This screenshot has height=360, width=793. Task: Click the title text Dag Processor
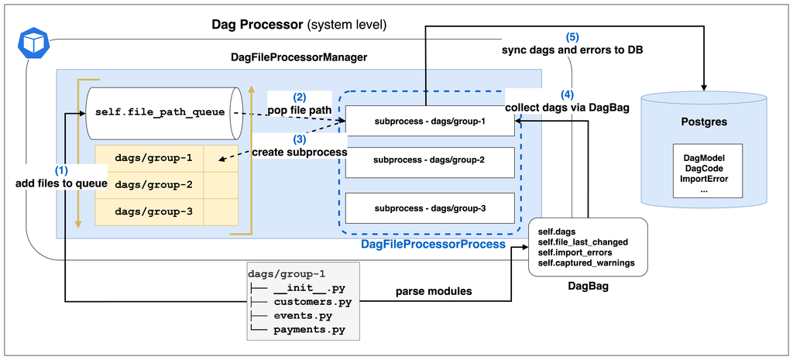(258, 25)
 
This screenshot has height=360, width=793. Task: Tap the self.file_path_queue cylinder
(162, 113)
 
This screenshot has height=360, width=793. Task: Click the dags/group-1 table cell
(149, 159)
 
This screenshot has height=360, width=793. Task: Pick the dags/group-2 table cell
(149, 185)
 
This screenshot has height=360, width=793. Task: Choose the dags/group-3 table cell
(149, 211)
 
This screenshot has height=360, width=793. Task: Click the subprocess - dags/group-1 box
(429, 121)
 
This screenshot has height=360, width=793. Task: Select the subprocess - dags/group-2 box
(429, 160)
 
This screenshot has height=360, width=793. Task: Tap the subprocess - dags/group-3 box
(429, 207)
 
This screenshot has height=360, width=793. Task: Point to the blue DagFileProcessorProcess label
(433, 244)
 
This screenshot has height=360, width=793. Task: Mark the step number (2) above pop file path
(300, 98)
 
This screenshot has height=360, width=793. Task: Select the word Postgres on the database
(703, 123)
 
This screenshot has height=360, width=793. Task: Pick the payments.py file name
(310, 331)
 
